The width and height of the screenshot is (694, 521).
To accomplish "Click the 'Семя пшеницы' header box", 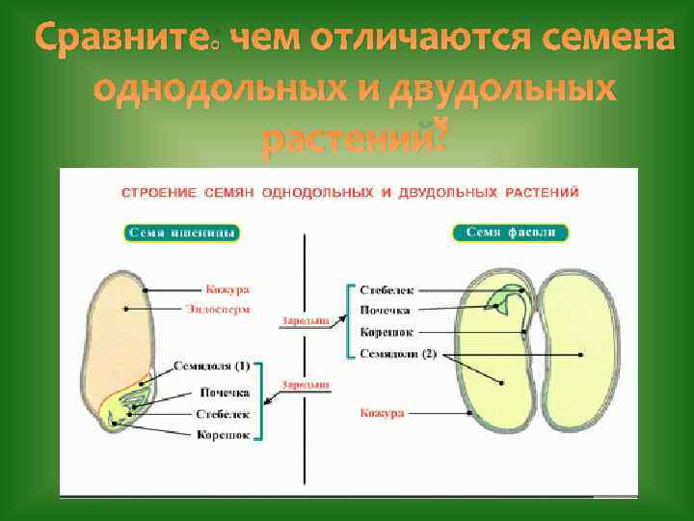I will pos(183,233).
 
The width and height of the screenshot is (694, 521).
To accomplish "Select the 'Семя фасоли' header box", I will pos(510,232).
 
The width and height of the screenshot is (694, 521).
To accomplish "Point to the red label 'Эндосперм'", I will pos(228,309).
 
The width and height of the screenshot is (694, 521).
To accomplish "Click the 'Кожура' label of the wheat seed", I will pos(227,288).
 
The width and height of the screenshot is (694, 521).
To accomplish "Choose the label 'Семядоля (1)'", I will pos(212,367).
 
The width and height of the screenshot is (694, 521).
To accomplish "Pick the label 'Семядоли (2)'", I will pos(398,354).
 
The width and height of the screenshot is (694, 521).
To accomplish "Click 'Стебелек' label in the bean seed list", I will pos(387,288).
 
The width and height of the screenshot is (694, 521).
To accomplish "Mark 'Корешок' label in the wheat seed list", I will pos(224,435).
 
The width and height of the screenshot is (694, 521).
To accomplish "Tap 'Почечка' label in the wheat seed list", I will pos(225,393).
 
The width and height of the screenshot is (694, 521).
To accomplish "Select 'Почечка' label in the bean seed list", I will pos(385,311).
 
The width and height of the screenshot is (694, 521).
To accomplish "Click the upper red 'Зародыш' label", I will pos(306,319).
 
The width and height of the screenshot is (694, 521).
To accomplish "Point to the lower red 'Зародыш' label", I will pos(306,384).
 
